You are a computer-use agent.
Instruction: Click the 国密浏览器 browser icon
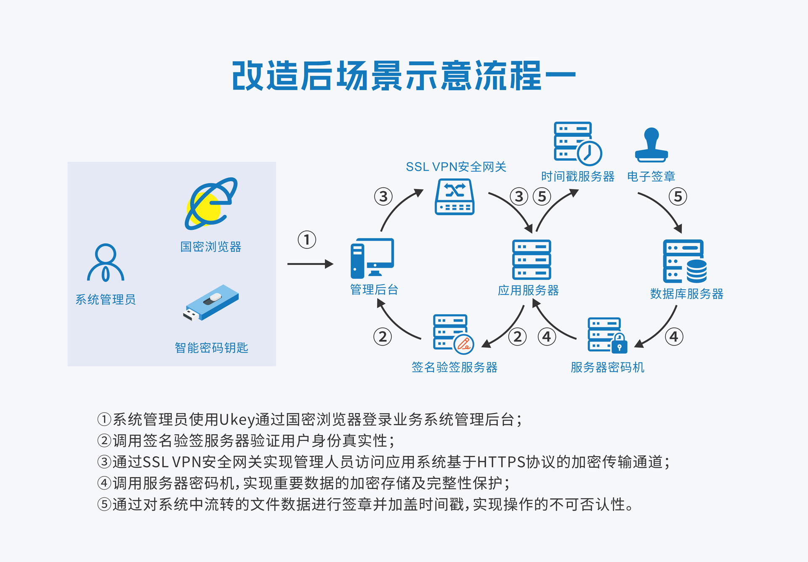click(211, 204)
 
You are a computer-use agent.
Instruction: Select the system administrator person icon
click(106, 263)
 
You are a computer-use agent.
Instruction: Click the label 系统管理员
click(106, 300)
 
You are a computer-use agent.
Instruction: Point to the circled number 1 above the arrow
click(307, 240)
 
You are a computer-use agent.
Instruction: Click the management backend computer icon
click(372, 258)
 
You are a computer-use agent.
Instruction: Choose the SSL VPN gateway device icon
click(454, 197)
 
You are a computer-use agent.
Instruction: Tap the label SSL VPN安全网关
click(456, 167)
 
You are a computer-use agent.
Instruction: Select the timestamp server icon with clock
click(577, 144)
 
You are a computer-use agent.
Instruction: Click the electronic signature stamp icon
click(651, 145)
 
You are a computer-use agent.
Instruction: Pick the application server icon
click(532, 260)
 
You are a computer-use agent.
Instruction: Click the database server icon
click(685, 261)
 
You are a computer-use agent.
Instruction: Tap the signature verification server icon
click(453, 333)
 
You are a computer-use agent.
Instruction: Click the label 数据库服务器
click(686, 294)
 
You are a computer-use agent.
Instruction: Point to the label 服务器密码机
click(607, 368)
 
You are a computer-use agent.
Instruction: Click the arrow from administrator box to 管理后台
click(310, 264)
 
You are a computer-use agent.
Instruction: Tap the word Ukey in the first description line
click(237, 420)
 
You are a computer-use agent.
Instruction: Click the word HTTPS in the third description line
click(501, 462)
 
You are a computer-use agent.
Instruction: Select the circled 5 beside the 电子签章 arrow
click(678, 197)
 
